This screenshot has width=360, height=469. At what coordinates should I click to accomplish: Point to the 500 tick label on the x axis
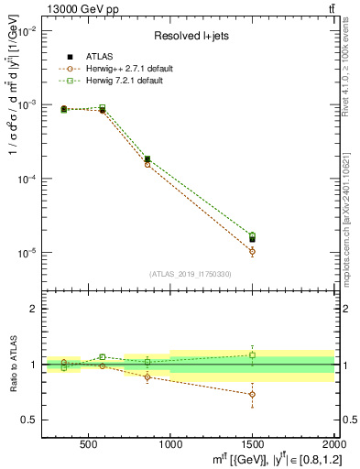pyautogui.click(x=89, y=449)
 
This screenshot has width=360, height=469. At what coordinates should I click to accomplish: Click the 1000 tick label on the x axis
pyautogui.click(x=170, y=449)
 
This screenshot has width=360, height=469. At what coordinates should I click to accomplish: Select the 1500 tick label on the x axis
pyautogui.click(x=252, y=449)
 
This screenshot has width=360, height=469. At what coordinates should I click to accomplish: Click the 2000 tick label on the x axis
pyautogui.click(x=333, y=449)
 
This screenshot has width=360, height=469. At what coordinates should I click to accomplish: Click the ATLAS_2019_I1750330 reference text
pyautogui.click(x=190, y=274)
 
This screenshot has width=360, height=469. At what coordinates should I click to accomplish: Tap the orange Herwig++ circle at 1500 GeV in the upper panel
pyautogui.click(x=252, y=251)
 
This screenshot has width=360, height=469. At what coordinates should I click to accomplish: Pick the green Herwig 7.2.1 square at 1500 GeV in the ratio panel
pyautogui.click(x=252, y=354)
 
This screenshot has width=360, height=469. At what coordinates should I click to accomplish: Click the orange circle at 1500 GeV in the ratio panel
pyautogui.click(x=252, y=394)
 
